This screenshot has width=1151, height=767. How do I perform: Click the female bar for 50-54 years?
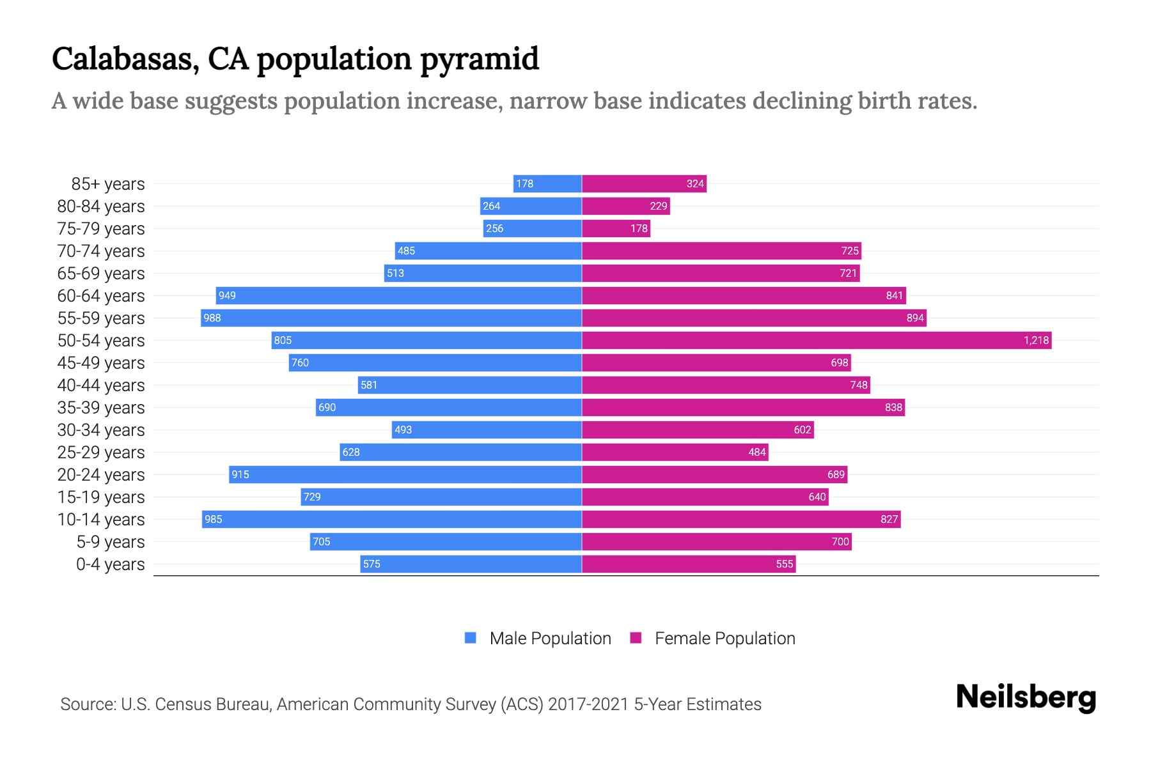pos(817,340)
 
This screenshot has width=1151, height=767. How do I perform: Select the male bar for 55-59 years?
pos(391,318)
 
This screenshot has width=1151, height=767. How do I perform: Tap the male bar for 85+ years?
pos(547,183)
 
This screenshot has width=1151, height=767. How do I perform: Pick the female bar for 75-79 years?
pos(616,228)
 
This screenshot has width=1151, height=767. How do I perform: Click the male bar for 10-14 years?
pos(392,519)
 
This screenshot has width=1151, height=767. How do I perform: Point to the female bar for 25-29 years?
pos(675,452)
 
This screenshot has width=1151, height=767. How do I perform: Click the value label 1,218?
pos(1036,340)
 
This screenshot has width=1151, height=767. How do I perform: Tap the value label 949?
pos(227,295)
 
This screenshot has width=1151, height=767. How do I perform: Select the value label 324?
pos(695,183)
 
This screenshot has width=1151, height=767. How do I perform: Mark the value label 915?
pos(240,474)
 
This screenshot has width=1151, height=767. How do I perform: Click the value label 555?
pos(784,564)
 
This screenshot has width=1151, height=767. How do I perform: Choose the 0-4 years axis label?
pos(110,564)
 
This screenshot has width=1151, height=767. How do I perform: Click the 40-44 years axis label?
pos(101,385)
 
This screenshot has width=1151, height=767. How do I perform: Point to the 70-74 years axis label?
pos(101,251)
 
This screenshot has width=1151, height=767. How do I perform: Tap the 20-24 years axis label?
pos(101,474)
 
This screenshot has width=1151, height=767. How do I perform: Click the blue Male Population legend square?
pos(471,638)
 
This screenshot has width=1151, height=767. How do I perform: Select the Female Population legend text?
pos(724,638)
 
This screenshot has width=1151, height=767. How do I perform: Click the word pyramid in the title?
pos(479,59)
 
